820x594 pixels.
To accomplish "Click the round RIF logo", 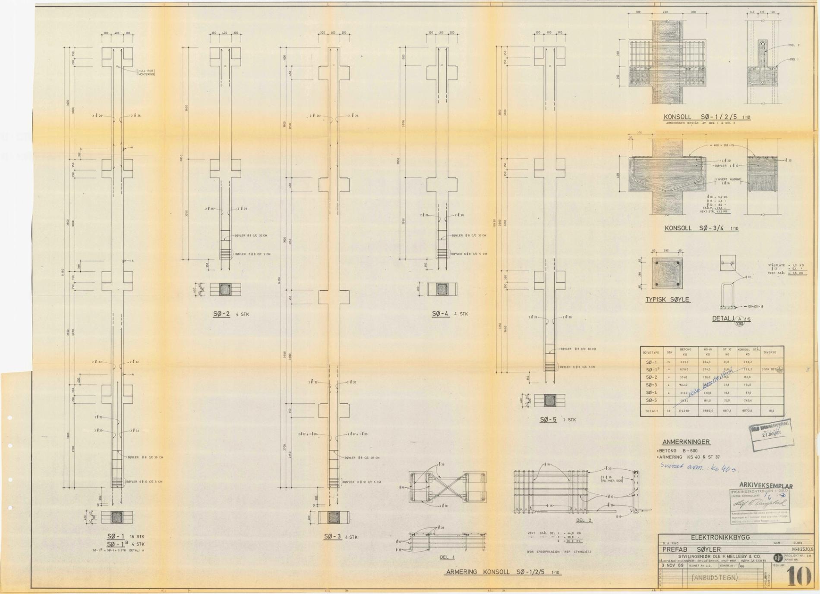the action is pos(778,557).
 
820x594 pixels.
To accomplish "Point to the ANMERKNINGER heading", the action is pos(686,442).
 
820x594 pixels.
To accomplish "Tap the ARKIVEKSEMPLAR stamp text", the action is pos(766,486).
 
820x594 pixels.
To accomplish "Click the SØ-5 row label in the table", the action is pos(651,400).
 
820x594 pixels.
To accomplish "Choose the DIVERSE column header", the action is pos(770,352).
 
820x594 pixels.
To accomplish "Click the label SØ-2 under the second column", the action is pos(222,314).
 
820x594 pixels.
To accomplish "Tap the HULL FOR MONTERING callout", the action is pos(146,72).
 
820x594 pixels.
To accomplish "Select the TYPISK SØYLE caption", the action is pos(667,299).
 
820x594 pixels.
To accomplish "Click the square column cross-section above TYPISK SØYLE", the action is pos(667,273).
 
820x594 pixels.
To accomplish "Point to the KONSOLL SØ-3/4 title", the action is pos(701,228).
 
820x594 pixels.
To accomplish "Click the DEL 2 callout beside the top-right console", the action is pos(794,45).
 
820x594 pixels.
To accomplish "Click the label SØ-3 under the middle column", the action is pos(332,537).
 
